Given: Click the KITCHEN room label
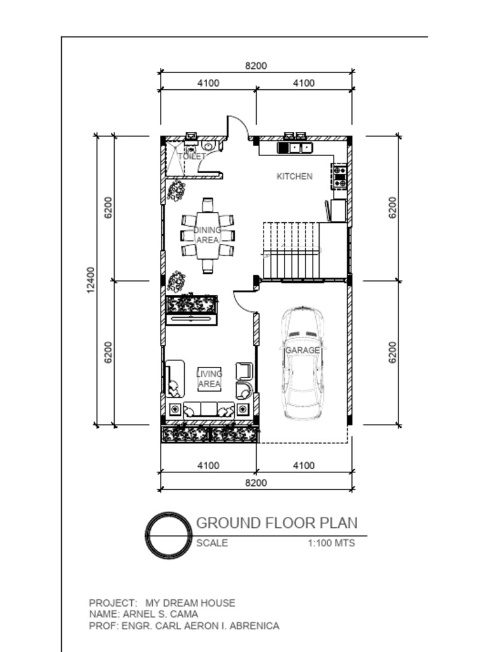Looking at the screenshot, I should pos(294,176).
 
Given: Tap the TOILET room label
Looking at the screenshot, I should pos(191,156).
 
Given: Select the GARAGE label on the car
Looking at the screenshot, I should pos(302,350).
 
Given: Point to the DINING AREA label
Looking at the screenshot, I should pos(208,235).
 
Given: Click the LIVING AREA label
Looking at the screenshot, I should pos(209,379).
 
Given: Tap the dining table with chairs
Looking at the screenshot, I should pos(208,236).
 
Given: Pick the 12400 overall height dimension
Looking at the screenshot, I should pos(90,280).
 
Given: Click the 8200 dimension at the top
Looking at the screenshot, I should pos(256,66).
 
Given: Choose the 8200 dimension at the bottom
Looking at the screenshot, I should pos(256,483).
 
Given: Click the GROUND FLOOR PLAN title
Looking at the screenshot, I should pos(276,523).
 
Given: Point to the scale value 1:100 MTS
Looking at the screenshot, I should pos(331,543).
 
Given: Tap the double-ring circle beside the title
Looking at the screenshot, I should pos(169,535).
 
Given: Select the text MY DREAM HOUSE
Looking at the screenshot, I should pos(190,602).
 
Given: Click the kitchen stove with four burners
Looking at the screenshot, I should pos(339,176).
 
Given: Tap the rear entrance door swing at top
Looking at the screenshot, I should pos(236,126).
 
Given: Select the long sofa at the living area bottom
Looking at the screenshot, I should pos(209,409).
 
